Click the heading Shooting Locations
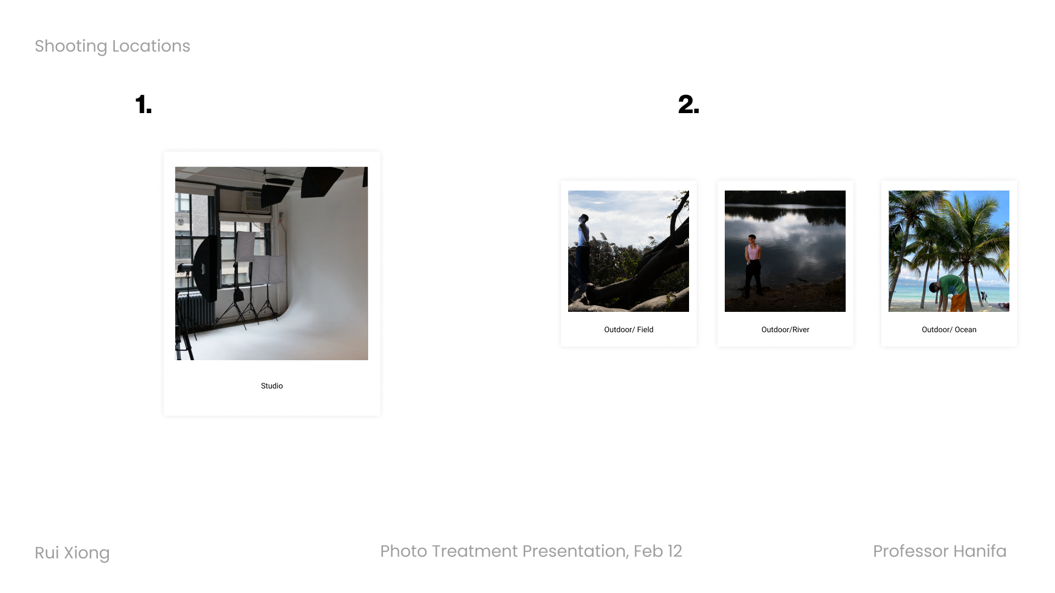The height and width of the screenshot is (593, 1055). point(112,46)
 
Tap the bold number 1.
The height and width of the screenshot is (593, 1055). point(143,104)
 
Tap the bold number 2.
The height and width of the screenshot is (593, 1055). point(688,104)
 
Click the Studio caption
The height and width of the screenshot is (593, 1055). point(272,386)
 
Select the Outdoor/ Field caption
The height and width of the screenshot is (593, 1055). point(629,329)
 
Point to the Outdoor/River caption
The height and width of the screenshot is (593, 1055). point(785,329)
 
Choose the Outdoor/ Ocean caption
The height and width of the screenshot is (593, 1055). point(949,329)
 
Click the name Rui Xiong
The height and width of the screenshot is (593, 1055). point(72,553)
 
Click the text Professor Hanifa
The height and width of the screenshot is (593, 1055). point(940,551)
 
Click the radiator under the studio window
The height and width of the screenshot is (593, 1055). point(195,310)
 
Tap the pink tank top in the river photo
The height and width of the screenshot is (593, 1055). point(753,253)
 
